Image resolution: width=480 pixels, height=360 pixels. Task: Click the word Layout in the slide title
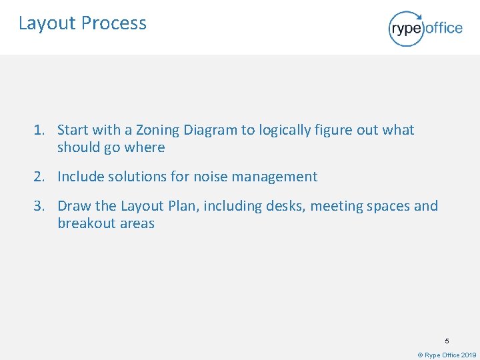47,23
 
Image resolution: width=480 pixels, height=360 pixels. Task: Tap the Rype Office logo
425,28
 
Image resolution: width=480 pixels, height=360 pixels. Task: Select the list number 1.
40,130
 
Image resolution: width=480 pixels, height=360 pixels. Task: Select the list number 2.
40,177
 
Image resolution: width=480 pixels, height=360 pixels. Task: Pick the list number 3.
40,206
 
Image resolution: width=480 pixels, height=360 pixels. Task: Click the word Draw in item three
73,206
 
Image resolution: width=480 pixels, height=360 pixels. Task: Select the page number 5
447,341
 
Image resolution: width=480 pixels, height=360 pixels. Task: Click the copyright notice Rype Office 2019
447,355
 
